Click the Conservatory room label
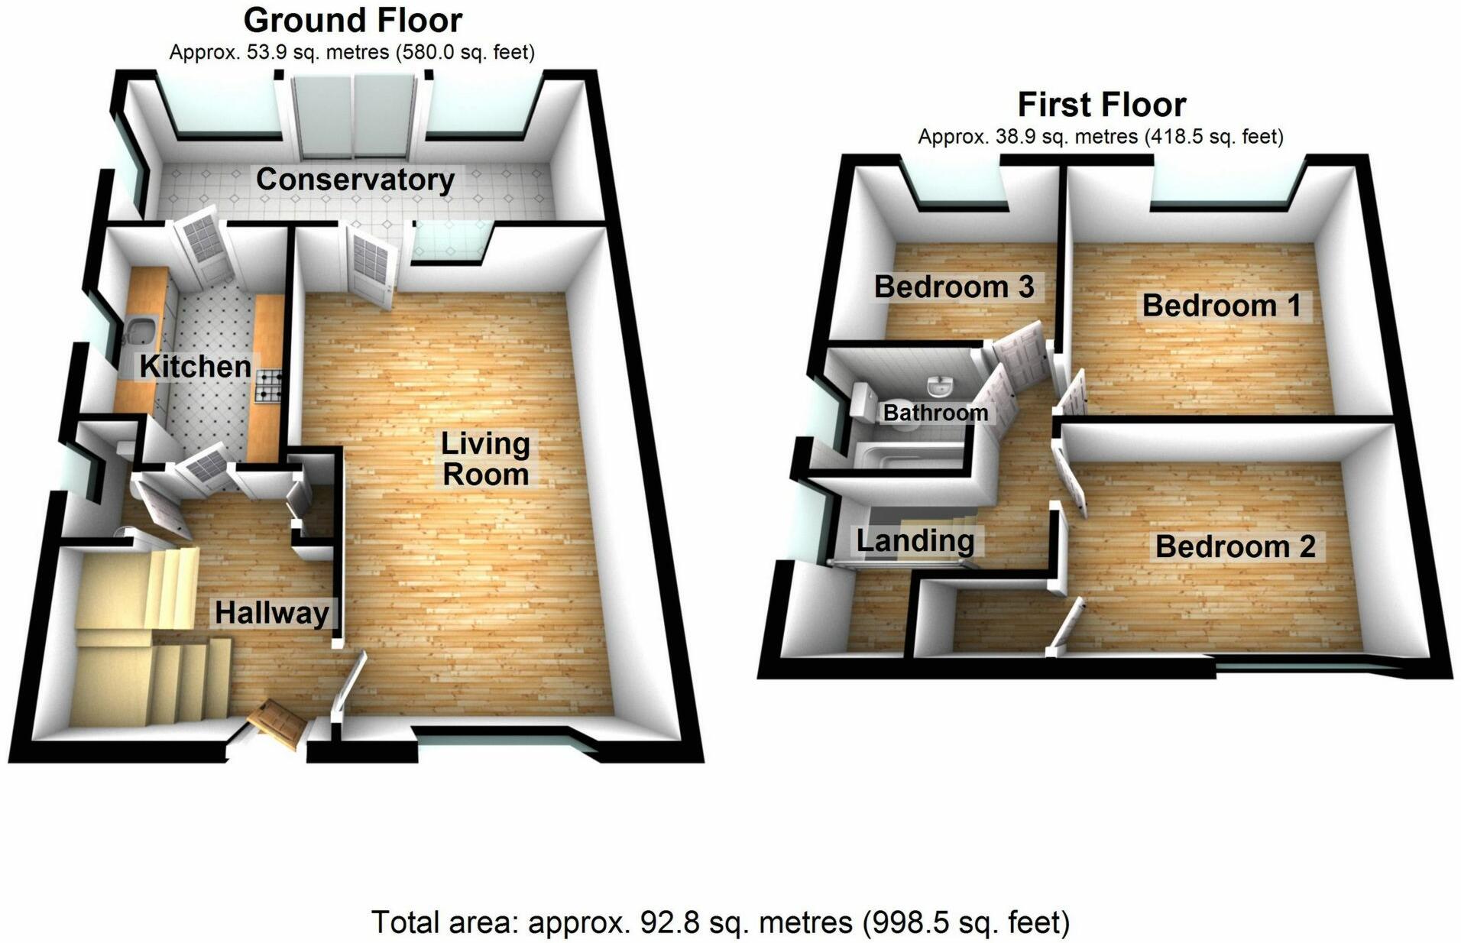(x=355, y=180)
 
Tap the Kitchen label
(x=195, y=366)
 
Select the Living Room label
(x=485, y=459)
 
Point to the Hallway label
(x=272, y=613)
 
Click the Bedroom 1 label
(x=1221, y=306)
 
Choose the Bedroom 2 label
(x=1235, y=546)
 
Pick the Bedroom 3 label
(x=954, y=287)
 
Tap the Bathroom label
(x=935, y=413)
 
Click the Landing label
(x=915, y=541)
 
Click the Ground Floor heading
(x=353, y=21)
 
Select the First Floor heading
(x=1101, y=104)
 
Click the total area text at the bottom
(x=720, y=922)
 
